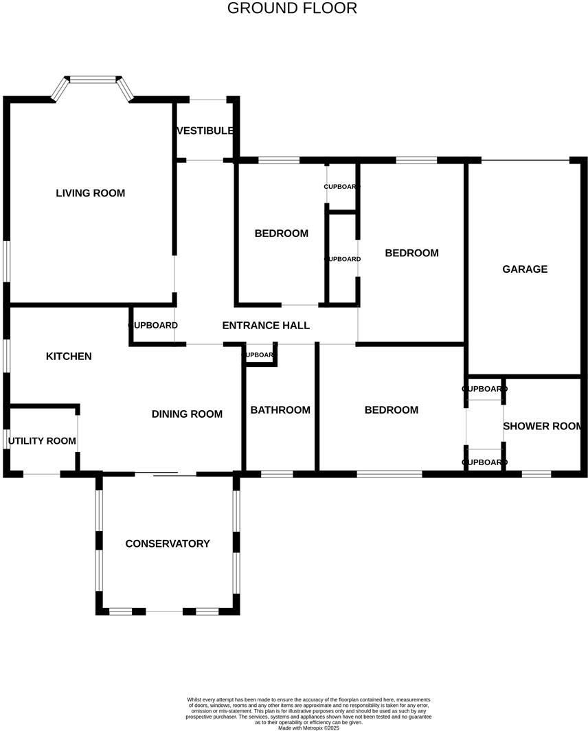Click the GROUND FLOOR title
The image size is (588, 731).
pyautogui.click(x=292, y=8)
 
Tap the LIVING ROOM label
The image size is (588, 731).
pyautogui.click(x=91, y=193)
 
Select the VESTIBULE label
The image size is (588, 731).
pyautogui.click(x=205, y=131)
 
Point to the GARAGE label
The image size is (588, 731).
pyautogui.click(x=525, y=269)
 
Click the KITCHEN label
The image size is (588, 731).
pyautogui.click(x=69, y=356)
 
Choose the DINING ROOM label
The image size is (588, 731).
pyautogui.click(x=187, y=414)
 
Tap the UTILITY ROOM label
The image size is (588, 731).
pyautogui.click(x=42, y=440)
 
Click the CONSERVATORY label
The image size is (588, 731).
pyautogui.click(x=168, y=543)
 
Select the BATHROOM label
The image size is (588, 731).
pyautogui.click(x=280, y=410)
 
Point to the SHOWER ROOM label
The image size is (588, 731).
pyautogui.click(x=543, y=426)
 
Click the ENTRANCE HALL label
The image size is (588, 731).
pyautogui.click(x=266, y=326)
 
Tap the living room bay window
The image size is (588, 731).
pyautogui.click(x=93, y=80)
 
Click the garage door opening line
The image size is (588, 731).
pyautogui.click(x=525, y=160)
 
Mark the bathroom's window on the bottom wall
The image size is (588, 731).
pyautogui.click(x=277, y=473)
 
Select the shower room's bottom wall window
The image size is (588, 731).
pyautogui.click(x=536, y=473)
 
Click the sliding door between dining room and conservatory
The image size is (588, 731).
pyautogui.click(x=166, y=473)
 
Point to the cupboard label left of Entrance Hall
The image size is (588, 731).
pyautogui.click(x=153, y=326)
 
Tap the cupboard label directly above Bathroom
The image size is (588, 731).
pyautogui.click(x=260, y=355)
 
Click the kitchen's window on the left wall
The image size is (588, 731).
pyautogui.click(x=7, y=356)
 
